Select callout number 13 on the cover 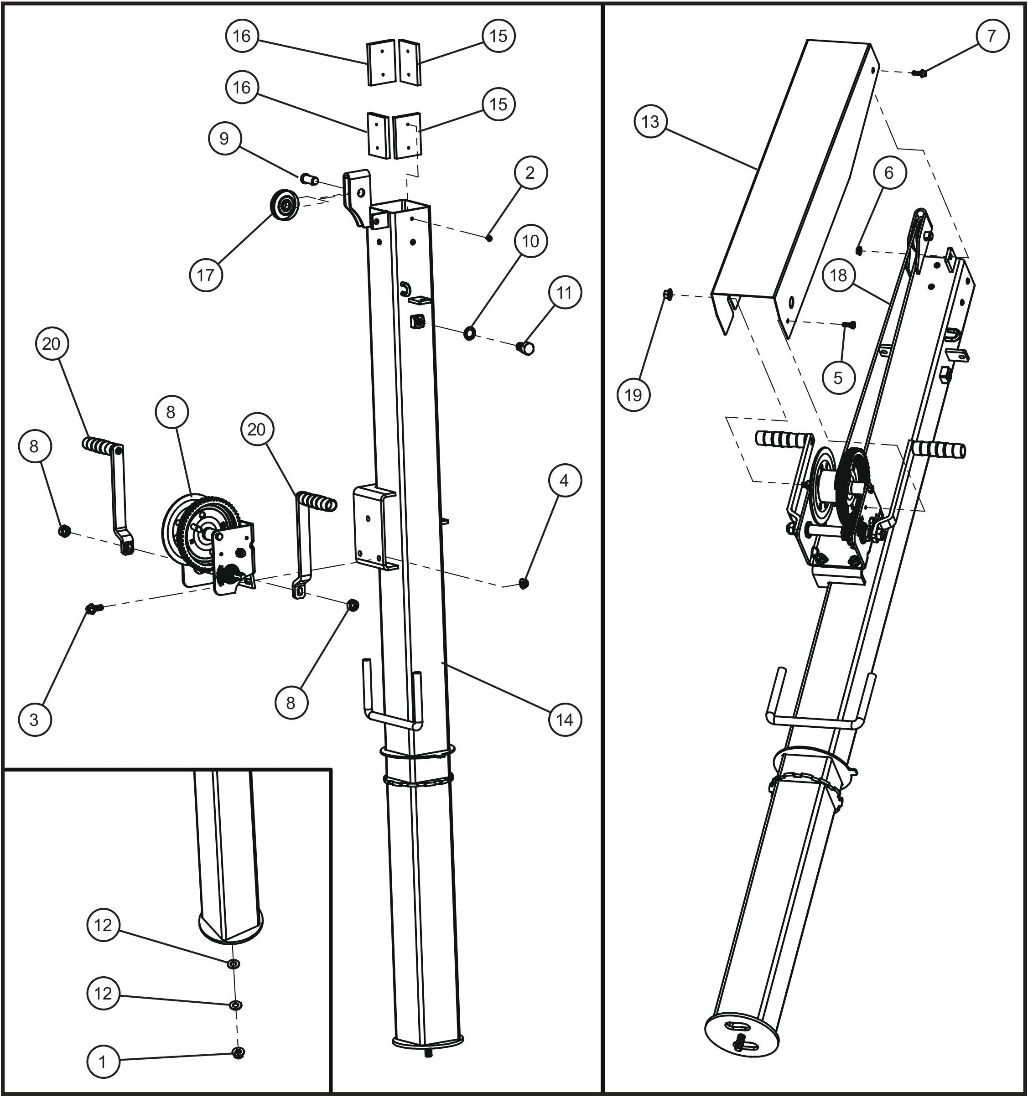pos(650,121)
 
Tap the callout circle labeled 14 pos(565,719)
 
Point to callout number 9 pos(224,138)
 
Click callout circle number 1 pos(103,1062)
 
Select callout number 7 pos(991,36)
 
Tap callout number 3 pos(34,719)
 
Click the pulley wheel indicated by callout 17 pos(285,206)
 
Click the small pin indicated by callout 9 pos(309,178)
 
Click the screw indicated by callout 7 pos(921,72)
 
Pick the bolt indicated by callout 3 pos(92,608)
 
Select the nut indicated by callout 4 pos(524,582)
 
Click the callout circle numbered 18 pos(838,274)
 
